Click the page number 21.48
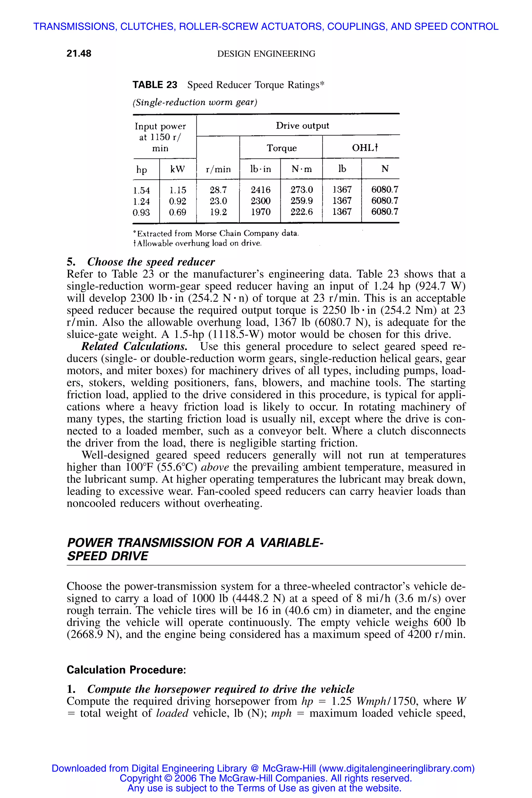(x=79, y=54)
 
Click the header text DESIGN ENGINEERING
(x=266, y=54)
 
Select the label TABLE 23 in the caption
(x=155, y=85)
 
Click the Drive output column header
(x=302, y=126)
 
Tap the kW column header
(x=178, y=169)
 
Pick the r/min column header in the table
(x=218, y=169)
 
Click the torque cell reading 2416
(x=260, y=190)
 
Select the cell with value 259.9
(x=302, y=201)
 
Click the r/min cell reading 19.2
(x=218, y=212)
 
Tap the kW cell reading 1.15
(x=178, y=190)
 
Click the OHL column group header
(x=365, y=148)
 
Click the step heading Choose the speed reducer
(x=151, y=262)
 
